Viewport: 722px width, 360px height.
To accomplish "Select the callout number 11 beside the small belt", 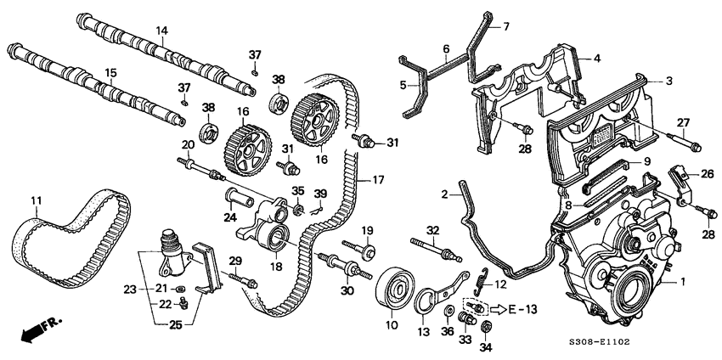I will [x=36, y=200].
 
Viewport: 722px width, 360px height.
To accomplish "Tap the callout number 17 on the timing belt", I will [x=366, y=181].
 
